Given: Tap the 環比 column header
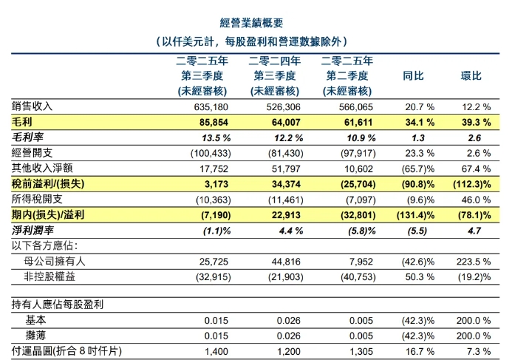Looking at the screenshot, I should click(x=471, y=76).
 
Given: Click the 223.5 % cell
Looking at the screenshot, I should click(x=473, y=262).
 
